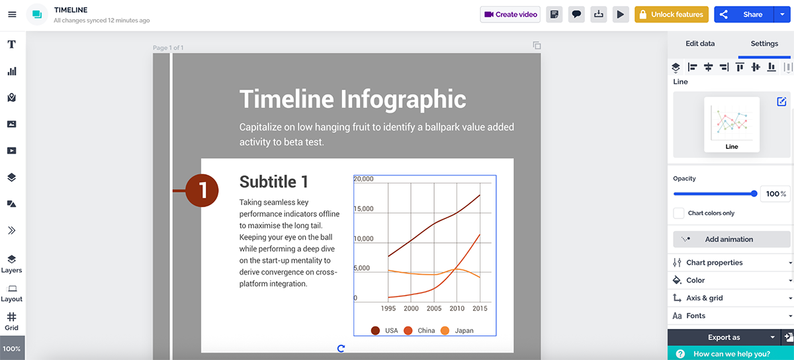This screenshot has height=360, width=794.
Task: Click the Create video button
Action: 510,15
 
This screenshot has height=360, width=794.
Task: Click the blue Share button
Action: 745,15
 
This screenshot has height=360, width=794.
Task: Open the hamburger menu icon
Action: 12,15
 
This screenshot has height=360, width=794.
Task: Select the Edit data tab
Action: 699,44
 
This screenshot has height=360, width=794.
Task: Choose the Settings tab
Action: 764,44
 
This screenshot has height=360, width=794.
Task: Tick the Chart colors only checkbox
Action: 678,213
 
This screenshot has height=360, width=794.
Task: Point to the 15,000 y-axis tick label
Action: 364,209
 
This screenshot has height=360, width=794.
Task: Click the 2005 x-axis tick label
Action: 433,309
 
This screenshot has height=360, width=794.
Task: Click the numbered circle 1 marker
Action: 202,191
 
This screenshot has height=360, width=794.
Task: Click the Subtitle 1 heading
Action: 273,182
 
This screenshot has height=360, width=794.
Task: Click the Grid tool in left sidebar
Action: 12,321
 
